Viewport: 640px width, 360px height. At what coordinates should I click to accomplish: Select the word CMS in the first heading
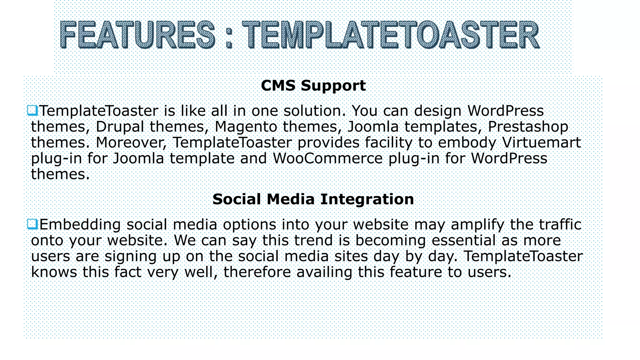278,85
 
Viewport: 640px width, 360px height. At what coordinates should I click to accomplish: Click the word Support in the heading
333,86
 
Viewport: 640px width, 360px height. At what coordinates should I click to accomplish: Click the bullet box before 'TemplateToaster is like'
32,110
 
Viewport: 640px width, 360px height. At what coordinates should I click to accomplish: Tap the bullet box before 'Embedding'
32,224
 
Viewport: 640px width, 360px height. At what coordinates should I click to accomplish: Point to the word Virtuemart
541,142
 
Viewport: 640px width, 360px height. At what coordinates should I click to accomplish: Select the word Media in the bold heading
290,199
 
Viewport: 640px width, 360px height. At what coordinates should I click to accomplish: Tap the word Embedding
80,225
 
